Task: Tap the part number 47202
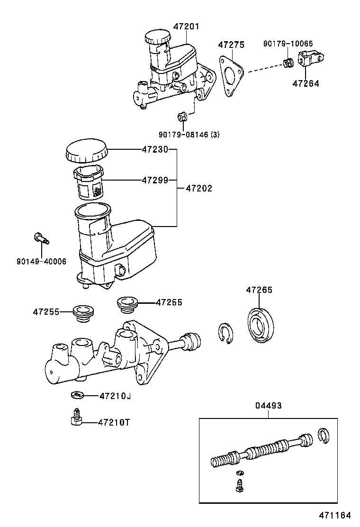tap(198, 188)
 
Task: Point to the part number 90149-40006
tap(41, 261)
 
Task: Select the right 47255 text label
tap(169, 302)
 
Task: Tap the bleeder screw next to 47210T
tap(75, 418)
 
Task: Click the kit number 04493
tap(268, 405)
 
